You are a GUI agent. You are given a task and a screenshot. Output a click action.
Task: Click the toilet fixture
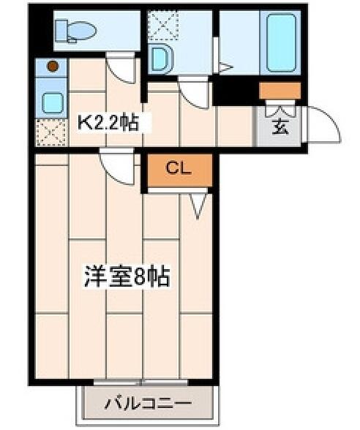click(75, 31)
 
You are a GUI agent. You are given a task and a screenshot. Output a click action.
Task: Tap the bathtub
click(281, 43)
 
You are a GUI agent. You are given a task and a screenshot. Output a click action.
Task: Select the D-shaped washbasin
click(162, 59)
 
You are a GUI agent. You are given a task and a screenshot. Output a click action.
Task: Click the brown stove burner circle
click(53, 66)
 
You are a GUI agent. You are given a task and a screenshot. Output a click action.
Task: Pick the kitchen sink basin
click(53, 103)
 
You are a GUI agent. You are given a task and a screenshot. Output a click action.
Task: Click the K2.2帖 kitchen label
click(108, 123)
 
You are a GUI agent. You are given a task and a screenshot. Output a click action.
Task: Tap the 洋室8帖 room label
click(127, 276)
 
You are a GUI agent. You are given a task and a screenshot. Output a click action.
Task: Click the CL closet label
click(179, 168)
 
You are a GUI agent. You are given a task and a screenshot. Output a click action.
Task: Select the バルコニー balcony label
click(148, 403)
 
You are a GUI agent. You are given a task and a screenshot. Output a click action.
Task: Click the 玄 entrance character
click(280, 127)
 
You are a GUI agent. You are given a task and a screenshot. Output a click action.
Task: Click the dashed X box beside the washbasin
click(163, 26)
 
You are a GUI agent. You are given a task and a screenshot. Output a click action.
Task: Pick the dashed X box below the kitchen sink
click(51, 133)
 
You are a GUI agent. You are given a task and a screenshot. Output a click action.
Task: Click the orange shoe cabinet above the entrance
click(280, 91)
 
